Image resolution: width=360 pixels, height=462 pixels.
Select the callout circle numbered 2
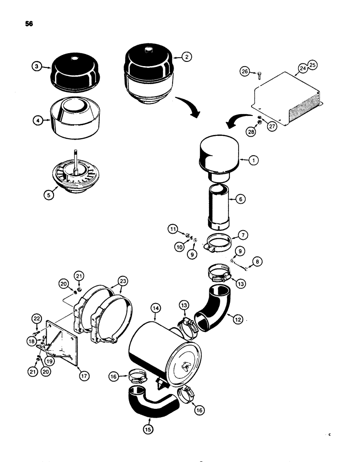coord(186,57)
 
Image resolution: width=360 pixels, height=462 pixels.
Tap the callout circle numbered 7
coord(244,236)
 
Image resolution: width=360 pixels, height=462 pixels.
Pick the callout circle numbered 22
coord(36,318)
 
